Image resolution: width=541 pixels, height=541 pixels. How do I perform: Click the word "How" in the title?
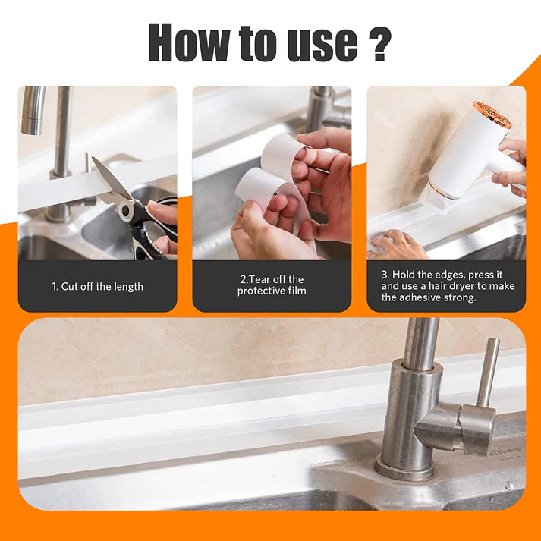tap(189, 42)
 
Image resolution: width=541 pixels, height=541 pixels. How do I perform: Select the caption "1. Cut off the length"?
tap(98, 287)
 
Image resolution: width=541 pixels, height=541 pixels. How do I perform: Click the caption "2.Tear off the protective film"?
tap(272, 285)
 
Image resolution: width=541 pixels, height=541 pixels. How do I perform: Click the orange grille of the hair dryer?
tap(492, 115)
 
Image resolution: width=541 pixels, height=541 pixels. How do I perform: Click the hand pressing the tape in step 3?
tap(397, 245)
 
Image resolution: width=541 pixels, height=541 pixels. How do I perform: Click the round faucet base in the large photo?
tap(404, 468)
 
